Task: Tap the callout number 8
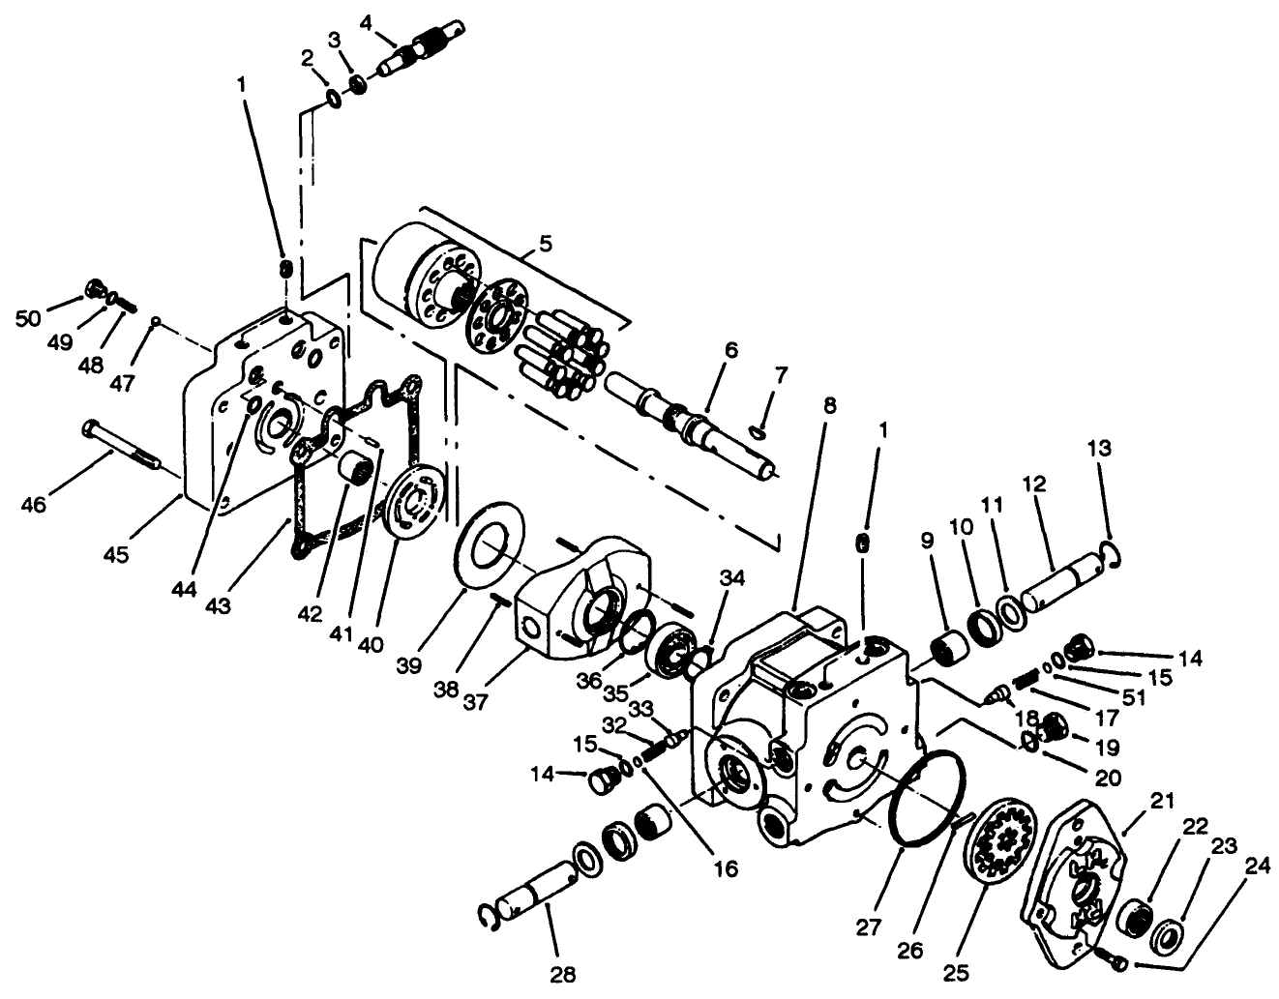[829, 405]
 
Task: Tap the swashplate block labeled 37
[569, 604]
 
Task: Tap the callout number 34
[732, 579]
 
